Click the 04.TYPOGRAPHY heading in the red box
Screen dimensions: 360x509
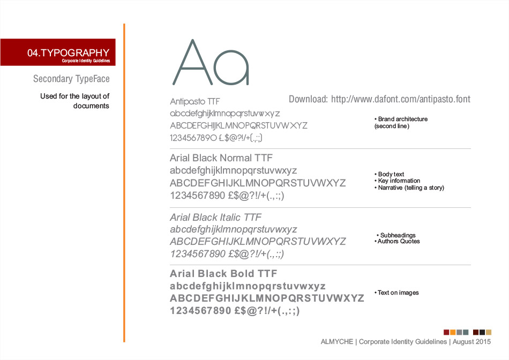coord(68,52)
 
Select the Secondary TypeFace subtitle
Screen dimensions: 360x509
coord(71,79)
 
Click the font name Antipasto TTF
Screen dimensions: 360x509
coord(195,101)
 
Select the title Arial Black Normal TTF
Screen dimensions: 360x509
coord(221,158)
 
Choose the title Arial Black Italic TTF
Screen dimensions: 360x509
coord(215,217)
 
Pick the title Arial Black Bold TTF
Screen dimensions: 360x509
coord(223,274)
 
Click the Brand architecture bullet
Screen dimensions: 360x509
coord(401,119)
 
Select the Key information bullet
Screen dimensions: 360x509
coord(397,181)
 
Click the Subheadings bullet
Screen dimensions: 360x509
coord(397,235)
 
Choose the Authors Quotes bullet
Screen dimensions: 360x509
coord(397,241)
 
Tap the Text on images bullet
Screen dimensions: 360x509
coord(396,292)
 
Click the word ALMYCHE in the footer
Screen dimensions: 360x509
coord(338,341)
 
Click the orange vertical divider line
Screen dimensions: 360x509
coord(124,182)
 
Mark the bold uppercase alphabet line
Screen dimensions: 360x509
coord(267,298)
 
